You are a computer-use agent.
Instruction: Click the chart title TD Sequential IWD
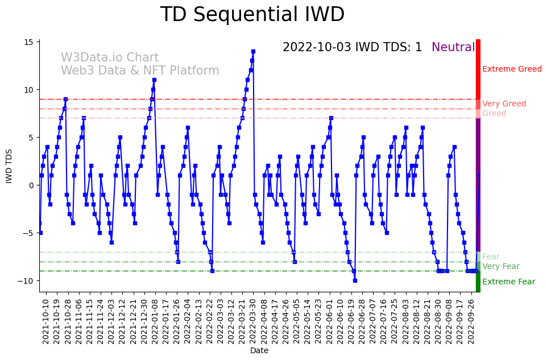[252, 15]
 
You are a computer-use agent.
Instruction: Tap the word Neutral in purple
[453, 48]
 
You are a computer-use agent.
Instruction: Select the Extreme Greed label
[512, 69]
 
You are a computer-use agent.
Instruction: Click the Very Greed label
[504, 104]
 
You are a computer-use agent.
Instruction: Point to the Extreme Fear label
[508, 282]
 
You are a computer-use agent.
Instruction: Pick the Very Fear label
[500, 267]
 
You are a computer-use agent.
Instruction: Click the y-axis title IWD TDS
[9, 165]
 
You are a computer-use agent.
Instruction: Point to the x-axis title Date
[259, 351]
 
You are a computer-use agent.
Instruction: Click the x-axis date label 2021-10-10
[46, 322]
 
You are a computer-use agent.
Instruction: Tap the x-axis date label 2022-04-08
[264, 322]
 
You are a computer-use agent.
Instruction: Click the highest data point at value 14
[253, 51]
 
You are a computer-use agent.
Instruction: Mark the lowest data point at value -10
[355, 280]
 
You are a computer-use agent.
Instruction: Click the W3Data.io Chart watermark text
[110, 58]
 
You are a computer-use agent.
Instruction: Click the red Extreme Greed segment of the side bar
[478, 68]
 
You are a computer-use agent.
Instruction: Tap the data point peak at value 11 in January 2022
[154, 80]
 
